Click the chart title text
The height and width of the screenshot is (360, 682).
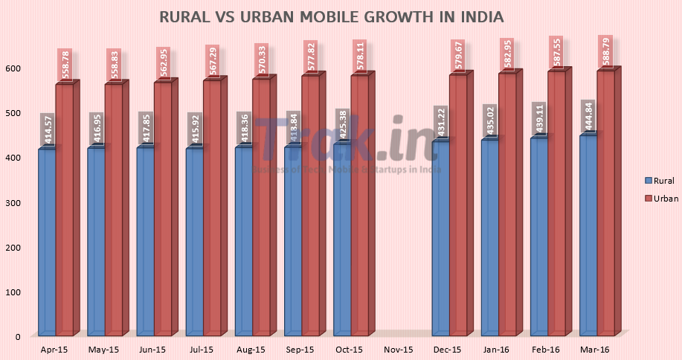[x=330, y=16]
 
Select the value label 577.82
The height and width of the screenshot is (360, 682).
[x=310, y=57]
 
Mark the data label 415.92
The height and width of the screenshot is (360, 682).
[x=195, y=129]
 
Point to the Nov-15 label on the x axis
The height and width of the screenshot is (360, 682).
[x=399, y=349]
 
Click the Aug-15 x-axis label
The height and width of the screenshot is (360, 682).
[x=251, y=349]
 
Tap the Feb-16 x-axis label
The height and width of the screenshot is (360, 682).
[x=546, y=349]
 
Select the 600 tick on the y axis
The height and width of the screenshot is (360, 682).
[x=13, y=68]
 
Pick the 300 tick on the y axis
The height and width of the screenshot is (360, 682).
[x=13, y=202]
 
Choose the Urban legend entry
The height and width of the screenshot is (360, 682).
[x=660, y=198]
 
